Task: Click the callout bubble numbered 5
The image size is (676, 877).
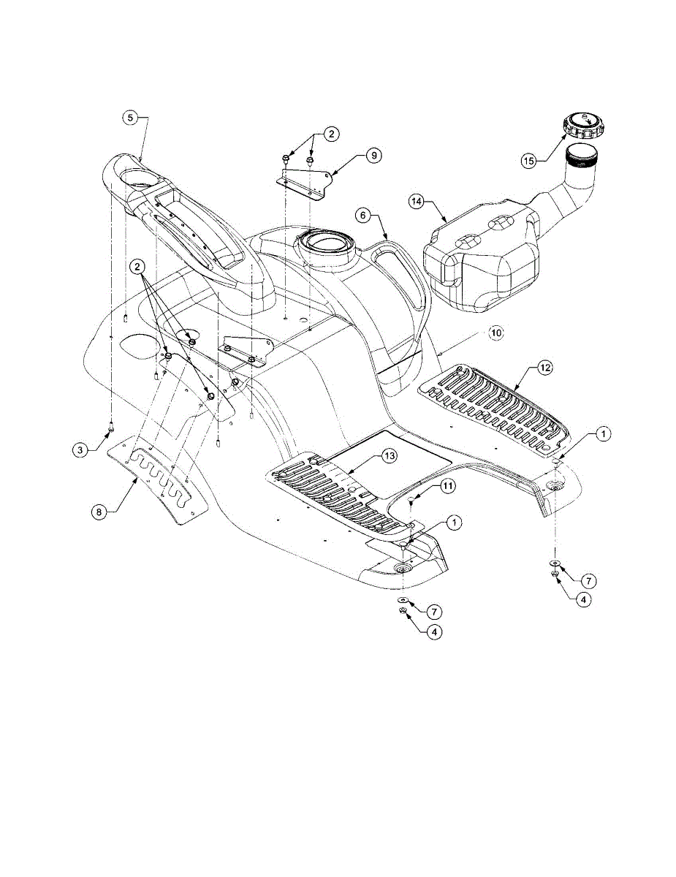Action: click(129, 116)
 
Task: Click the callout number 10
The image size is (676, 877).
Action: click(496, 333)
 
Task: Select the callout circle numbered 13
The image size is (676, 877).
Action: click(390, 457)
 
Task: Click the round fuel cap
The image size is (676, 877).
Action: click(583, 126)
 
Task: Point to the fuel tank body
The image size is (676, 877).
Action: click(482, 256)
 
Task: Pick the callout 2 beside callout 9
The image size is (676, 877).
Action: click(332, 134)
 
